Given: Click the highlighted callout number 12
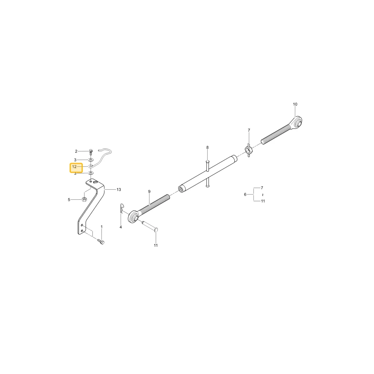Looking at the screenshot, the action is tap(74, 167).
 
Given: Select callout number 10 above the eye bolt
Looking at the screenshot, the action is tap(295, 104).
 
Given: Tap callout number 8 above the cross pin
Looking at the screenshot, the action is tap(207, 147).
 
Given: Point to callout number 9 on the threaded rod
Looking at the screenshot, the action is tap(149, 191).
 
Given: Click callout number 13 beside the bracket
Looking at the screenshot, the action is tap(119, 190).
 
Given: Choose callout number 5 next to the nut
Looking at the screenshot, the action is tap(69, 200).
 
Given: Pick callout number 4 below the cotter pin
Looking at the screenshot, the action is tap(121, 227).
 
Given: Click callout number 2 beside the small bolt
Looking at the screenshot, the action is tap(76, 151).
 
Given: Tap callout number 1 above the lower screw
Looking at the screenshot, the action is tap(102, 227).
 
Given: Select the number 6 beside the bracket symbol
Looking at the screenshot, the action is tap(245, 194).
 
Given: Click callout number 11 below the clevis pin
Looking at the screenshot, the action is tap(156, 245).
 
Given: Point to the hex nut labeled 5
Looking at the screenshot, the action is tap(84, 199).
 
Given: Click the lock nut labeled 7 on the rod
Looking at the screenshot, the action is tap(248, 150).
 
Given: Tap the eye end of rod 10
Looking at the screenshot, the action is tap(297, 122).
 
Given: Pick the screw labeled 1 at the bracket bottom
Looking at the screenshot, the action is tap(101, 242).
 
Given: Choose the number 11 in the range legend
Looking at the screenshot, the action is tap(263, 201).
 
